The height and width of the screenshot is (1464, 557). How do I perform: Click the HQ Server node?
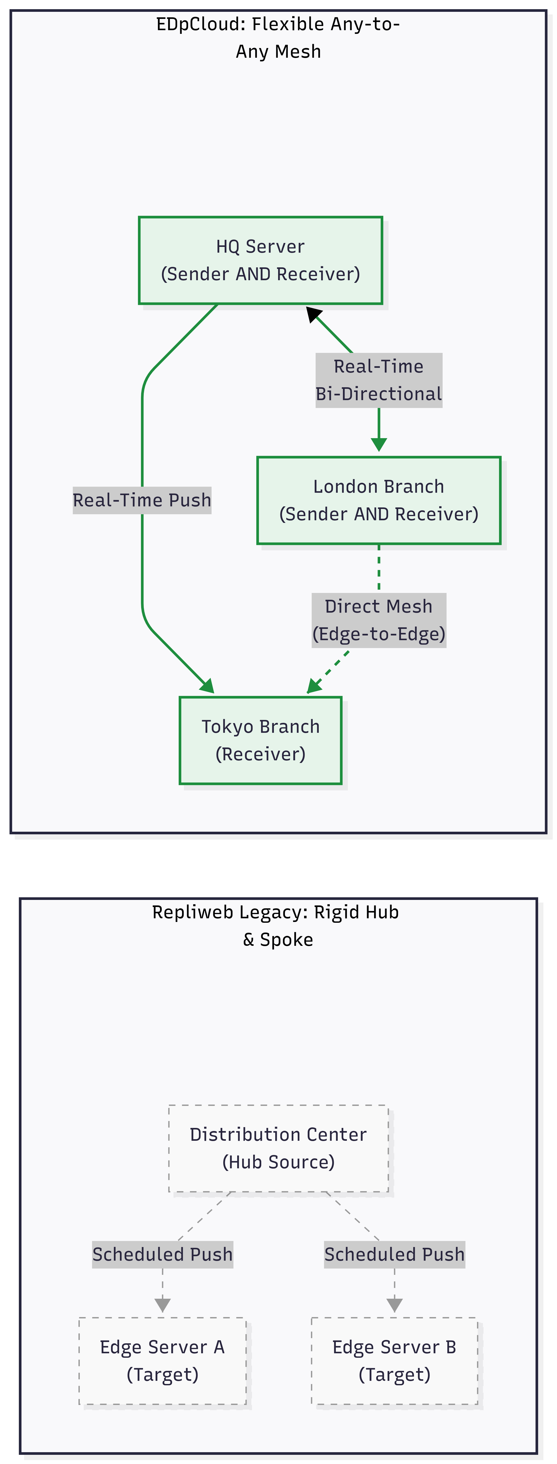260,260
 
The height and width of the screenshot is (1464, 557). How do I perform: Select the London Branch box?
379,500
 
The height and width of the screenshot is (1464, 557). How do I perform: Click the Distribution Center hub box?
279,1148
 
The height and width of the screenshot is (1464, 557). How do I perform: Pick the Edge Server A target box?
163,1361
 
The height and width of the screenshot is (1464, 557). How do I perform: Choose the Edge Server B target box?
394,1361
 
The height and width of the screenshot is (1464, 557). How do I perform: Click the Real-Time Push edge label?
142,500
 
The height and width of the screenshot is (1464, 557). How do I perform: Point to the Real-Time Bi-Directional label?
379,380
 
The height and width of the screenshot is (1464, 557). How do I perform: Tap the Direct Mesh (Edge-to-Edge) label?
379,620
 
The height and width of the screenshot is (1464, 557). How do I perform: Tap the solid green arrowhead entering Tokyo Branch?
208,687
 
